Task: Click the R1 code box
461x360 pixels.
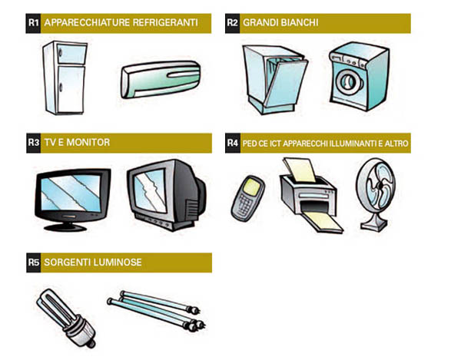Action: coord(33,23)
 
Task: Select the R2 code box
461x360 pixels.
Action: coord(232,23)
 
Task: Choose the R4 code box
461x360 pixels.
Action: coord(233,143)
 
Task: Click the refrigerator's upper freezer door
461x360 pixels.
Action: coord(71,54)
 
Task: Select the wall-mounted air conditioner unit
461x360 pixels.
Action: coord(161,79)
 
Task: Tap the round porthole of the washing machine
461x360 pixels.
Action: coord(350,81)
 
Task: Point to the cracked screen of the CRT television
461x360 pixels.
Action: coord(150,190)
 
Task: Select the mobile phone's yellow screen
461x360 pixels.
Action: coord(253,186)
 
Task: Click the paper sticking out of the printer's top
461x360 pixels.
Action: coord(300,170)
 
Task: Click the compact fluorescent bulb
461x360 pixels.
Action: coord(66,318)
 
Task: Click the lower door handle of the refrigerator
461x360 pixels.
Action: coord(61,88)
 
